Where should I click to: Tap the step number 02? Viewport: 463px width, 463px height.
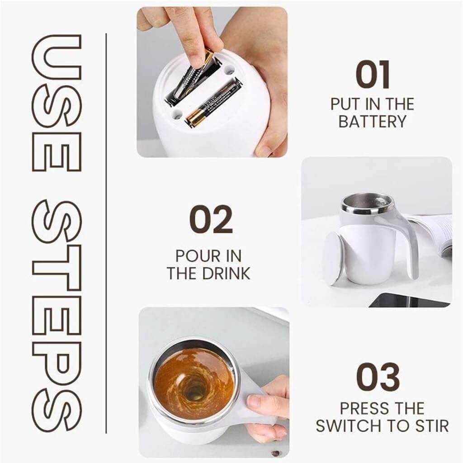pos(211,219)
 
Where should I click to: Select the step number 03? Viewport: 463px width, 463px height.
pos(378,377)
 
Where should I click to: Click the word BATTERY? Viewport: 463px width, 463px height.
pos(372,122)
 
